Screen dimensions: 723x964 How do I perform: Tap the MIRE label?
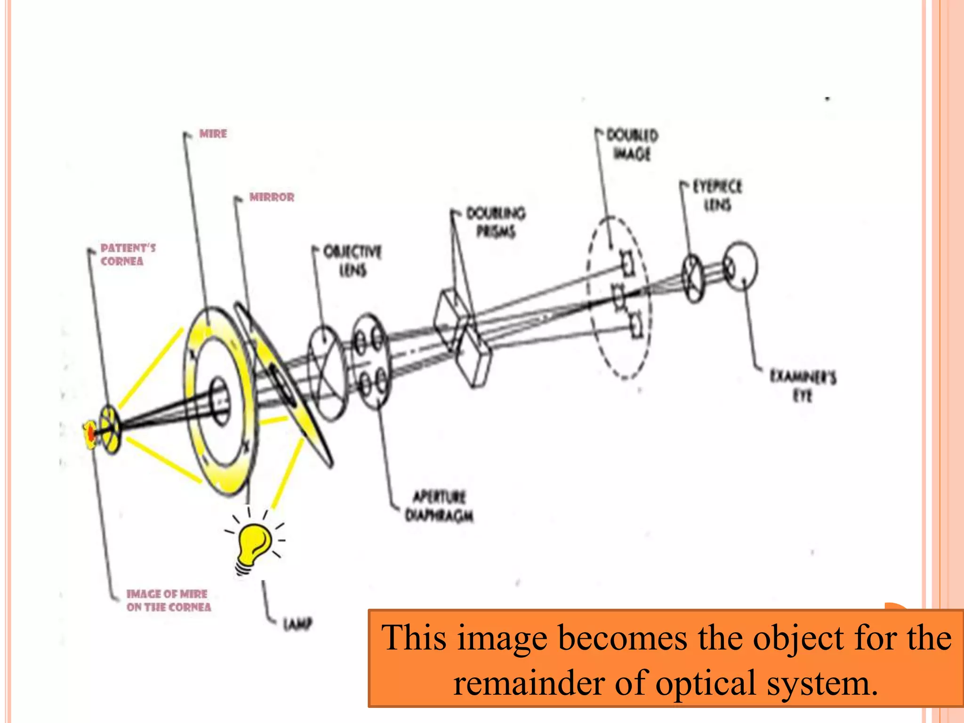[213, 134]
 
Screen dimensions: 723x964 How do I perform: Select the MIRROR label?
[272, 197]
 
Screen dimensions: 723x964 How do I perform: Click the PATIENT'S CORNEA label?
[128, 255]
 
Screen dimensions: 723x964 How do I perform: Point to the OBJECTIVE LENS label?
[353, 261]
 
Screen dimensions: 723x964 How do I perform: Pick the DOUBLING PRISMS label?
[496, 222]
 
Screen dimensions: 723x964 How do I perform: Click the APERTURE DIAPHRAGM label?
[439, 506]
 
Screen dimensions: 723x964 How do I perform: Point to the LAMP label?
[297, 624]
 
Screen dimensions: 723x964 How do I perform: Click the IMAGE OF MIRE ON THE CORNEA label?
[168, 601]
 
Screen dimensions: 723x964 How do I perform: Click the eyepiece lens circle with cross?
[693, 278]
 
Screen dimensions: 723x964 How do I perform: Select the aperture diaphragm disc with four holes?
[372, 361]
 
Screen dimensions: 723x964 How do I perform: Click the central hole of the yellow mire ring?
[219, 400]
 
